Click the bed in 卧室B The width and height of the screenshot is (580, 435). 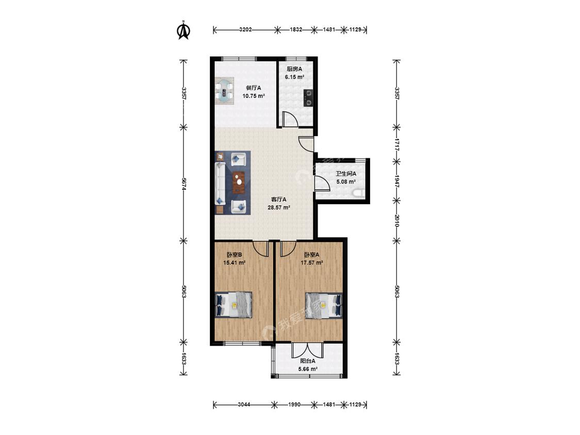point(234,305)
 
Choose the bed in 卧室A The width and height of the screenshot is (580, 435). point(324,305)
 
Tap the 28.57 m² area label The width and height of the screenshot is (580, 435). point(278,208)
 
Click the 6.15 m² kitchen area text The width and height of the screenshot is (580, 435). point(294,77)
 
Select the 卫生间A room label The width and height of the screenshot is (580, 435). point(346,174)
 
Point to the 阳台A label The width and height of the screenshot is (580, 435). point(307,361)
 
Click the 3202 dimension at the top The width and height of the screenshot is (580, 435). point(245,29)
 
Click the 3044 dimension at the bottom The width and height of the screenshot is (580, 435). point(244,404)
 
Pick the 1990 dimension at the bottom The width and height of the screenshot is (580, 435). point(294,404)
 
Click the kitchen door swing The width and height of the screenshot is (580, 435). point(289,119)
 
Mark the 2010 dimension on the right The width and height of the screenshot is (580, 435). point(396,221)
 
